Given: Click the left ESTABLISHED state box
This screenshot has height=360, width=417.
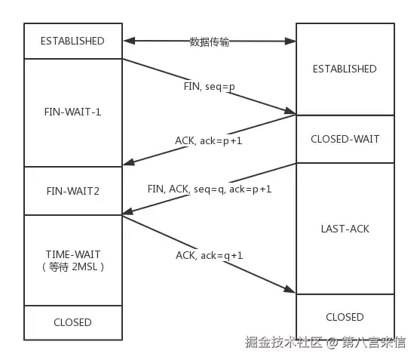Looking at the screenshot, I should pyautogui.click(x=73, y=41).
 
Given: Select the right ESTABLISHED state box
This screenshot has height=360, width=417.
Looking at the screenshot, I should pyautogui.click(x=345, y=69).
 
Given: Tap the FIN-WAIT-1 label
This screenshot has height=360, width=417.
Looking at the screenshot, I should pyautogui.click(x=73, y=112).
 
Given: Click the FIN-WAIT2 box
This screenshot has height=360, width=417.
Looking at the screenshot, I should pyautogui.click(x=73, y=191).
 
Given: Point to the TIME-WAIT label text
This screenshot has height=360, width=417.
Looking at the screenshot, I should pyautogui.click(x=73, y=254).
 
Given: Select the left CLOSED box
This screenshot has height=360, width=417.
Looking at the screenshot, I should pyautogui.click(x=73, y=322).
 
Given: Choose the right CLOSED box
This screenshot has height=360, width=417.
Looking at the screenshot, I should pyautogui.click(x=345, y=317).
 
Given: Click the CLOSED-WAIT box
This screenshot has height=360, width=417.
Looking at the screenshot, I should pyautogui.click(x=345, y=139).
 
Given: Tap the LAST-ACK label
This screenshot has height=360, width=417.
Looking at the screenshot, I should pyautogui.click(x=345, y=228).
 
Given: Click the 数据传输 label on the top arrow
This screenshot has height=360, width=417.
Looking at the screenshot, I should pyautogui.click(x=209, y=42).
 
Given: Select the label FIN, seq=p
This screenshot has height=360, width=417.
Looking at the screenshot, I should pyautogui.click(x=210, y=86).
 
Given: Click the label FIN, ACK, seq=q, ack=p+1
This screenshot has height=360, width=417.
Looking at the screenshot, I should pyautogui.click(x=210, y=188).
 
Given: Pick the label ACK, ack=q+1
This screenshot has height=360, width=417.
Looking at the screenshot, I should pyautogui.click(x=210, y=255).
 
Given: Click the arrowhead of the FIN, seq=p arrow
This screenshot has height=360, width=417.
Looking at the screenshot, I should pyautogui.click(x=290, y=112).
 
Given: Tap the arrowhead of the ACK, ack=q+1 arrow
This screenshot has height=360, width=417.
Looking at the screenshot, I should pyautogui.click(x=290, y=291).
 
